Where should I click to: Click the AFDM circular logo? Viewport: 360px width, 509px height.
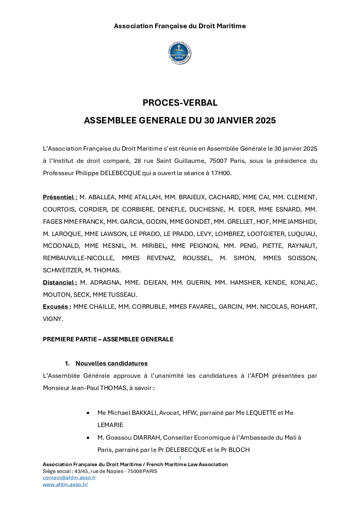[180, 53]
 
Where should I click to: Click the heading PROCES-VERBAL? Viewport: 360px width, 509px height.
[180, 103]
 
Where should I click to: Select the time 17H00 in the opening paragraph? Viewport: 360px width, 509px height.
[220, 173]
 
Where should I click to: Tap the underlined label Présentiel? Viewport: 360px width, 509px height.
[60, 197]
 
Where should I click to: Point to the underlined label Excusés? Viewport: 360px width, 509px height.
[57, 307]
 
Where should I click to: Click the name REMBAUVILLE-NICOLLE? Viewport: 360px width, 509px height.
[78, 258]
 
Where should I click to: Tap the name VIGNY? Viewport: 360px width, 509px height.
[53, 319]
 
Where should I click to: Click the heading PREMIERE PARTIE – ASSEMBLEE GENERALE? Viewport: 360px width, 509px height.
[108, 339]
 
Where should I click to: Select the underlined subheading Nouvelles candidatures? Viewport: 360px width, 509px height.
[111, 363]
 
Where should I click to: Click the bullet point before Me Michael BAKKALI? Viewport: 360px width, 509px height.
[88, 413]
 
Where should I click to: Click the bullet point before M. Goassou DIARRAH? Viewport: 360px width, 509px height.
[88, 438]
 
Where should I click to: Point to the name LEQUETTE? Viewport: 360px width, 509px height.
[261, 413]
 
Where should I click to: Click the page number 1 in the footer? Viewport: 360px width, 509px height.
[180, 458]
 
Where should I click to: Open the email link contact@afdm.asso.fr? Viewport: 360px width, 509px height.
[69, 478]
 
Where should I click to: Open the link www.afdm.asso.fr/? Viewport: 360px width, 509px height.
[65, 485]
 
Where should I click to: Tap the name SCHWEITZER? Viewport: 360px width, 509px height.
[62, 270]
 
